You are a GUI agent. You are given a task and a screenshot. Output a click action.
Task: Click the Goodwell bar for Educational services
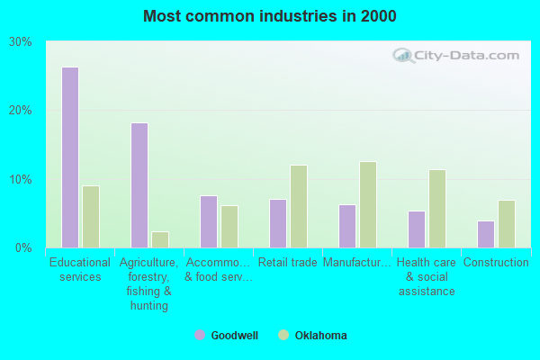pyautogui.click(x=70, y=157)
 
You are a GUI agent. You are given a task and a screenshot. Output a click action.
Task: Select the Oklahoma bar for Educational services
pyautogui.click(x=91, y=217)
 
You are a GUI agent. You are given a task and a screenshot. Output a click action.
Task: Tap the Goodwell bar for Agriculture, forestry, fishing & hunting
pyautogui.click(x=139, y=185)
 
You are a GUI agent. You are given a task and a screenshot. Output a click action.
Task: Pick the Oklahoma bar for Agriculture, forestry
pyautogui.click(x=160, y=239)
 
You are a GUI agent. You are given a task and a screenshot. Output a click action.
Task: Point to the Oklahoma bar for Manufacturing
pyautogui.click(x=368, y=204)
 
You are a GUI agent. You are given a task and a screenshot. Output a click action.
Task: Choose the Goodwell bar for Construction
pyautogui.click(x=486, y=234)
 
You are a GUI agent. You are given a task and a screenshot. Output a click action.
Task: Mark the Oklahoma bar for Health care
pyautogui.click(x=437, y=209)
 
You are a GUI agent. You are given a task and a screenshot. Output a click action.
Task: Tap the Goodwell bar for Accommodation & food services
pyautogui.click(x=209, y=221)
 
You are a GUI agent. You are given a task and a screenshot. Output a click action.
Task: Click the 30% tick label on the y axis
pyautogui.click(x=21, y=42)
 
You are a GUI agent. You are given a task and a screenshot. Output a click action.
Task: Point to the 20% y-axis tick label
pyautogui.click(x=21, y=111)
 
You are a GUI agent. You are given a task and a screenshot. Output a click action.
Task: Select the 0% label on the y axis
pyautogui.click(x=24, y=247)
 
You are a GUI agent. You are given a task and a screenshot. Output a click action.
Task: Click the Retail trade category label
pyautogui.click(x=288, y=263)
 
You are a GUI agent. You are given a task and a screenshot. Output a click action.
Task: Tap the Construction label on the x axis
pyautogui.click(x=496, y=263)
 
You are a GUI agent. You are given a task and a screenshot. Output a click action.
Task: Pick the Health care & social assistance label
pyautogui.click(x=427, y=276)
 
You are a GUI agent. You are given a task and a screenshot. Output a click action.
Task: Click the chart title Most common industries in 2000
pyautogui.click(x=269, y=16)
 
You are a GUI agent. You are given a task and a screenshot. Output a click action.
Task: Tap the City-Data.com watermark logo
pyautogui.click(x=456, y=55)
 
